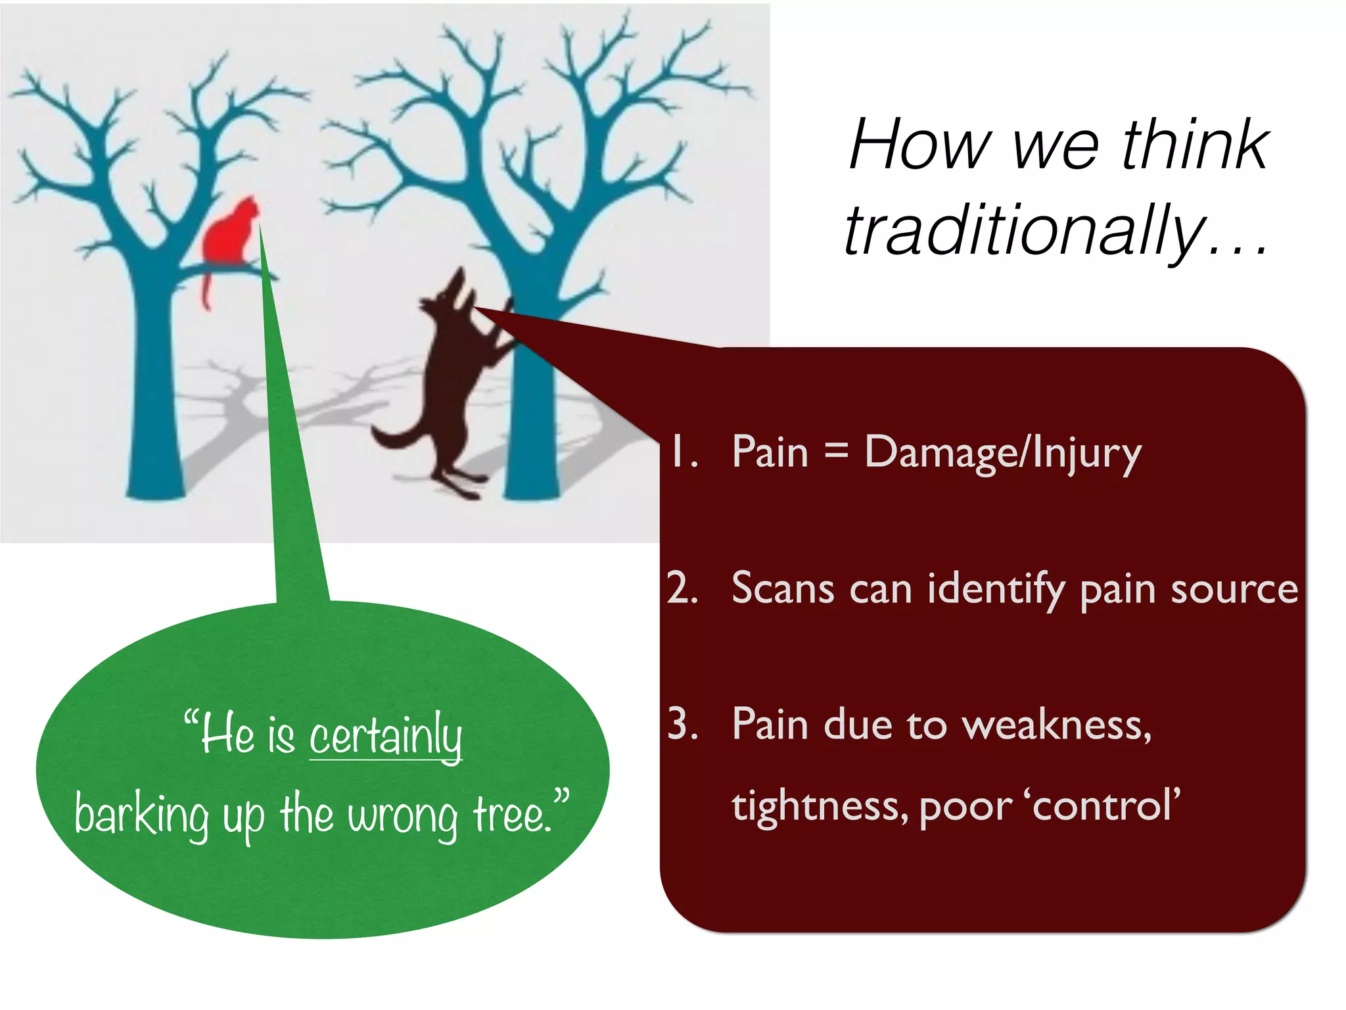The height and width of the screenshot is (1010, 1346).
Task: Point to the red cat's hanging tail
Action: (206, 289)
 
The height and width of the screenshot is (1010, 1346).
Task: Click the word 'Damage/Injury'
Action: (1002, 453)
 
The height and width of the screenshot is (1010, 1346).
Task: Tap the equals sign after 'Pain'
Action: (836, 451)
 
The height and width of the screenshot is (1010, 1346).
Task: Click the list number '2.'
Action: (682, 587)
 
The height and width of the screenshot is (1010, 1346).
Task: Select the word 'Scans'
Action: (783, 588)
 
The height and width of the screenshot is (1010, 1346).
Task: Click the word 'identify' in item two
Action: (995, 589)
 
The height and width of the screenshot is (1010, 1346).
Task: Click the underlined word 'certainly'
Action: (386, 736)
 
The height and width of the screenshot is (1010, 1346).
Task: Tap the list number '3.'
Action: (682, 724)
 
